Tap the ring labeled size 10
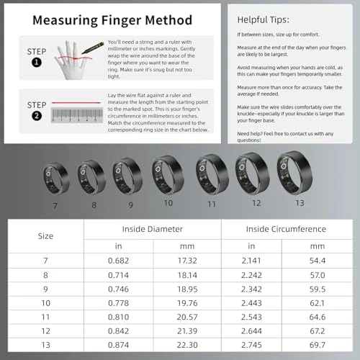click(167, 174)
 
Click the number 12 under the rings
click(256, 204)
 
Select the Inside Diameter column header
click(153, 229)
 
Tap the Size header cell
click(45, 236)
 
